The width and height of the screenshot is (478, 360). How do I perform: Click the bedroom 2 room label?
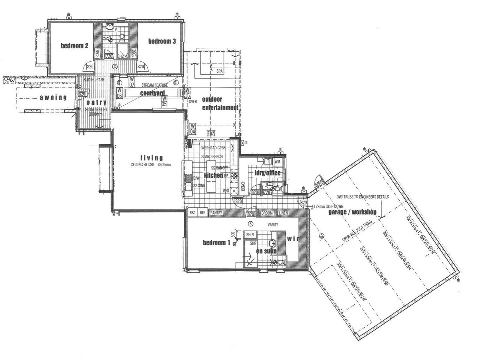tap(74, 46)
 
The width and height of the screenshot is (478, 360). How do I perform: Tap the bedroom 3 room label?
tap(162, 41)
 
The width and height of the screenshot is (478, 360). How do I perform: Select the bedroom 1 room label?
tap(216, 243)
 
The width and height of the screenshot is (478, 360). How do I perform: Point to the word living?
tap(152, 158)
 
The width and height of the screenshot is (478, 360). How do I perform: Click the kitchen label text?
tap(213, 175)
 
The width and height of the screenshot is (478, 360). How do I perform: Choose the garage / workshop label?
tap(352, 212)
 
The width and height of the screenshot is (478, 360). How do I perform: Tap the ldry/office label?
tap(267, 173)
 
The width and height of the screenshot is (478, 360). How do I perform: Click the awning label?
tap(53, 98)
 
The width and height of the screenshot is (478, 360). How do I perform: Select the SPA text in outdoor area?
tap(220, 71)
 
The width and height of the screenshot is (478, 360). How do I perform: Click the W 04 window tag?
tap(193, 129)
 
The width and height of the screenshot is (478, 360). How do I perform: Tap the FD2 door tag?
tap(210, 133)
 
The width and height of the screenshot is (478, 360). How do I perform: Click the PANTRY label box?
tap(216, 213)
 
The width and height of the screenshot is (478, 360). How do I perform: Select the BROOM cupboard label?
tap(267, 213)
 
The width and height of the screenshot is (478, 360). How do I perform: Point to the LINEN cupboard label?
tap(283, 213)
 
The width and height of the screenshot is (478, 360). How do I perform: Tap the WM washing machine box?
tap(277, 162)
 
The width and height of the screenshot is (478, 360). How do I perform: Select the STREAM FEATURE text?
tap(155, 85)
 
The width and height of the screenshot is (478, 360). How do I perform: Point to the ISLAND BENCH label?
tap(212, 157)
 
